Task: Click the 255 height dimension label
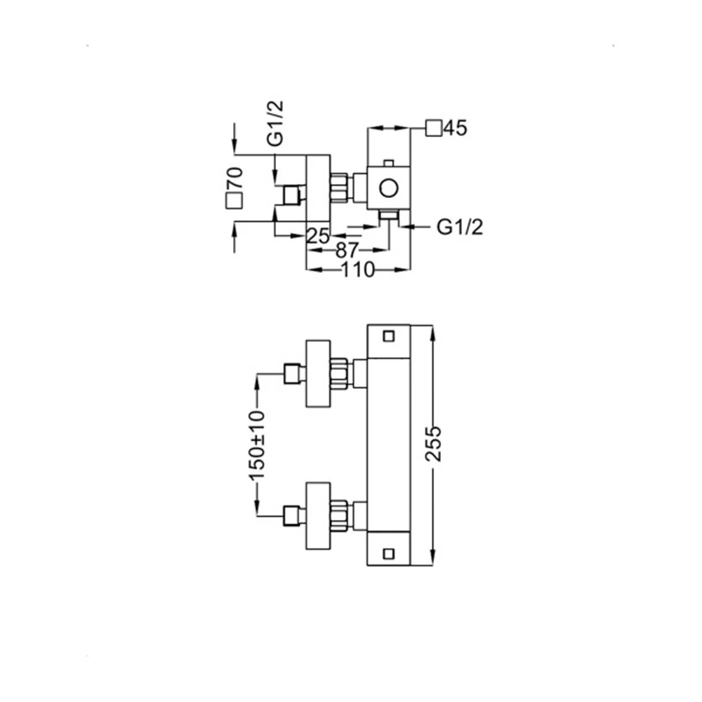coord(433,444)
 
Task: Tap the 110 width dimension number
coord(358,270)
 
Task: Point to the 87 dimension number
coord(347,251)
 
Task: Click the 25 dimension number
coord(318,236)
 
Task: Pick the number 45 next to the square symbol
coord(456,128)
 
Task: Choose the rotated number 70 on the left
coord(235,178)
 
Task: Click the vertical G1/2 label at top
coord(275,124)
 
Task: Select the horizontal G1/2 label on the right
coord(460,227)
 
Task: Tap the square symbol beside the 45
coord(434,128)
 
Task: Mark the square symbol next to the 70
coord(234,201)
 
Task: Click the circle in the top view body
coord(389,188)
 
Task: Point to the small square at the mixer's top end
coord(389,336)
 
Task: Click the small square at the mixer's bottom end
coord(389,555)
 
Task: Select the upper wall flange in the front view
coord(318,374)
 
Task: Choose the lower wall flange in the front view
coord(318,516)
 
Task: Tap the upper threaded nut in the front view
coord(339,374)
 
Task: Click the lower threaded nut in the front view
coord(339,516)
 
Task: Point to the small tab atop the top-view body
coord(389,163)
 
